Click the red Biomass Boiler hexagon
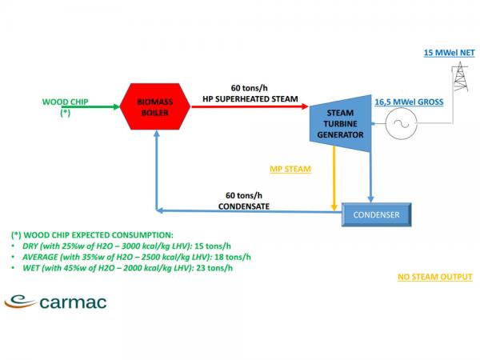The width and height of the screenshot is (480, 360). tap(155, 106)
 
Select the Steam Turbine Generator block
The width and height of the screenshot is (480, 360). tap(341, 124)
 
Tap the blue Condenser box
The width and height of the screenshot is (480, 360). tap(376, 214)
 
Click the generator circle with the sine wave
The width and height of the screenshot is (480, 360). tap(401, 124)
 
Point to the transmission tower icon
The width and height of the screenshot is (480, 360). tap(460, 77)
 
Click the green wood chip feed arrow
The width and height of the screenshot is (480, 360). tap(95, 107)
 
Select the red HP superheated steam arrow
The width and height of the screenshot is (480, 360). tap(250, 106)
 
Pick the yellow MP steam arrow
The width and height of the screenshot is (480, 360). tap(334, 178)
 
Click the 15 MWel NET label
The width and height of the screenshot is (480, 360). tap(449, 53)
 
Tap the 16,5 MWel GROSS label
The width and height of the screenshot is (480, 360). tap(409, 102)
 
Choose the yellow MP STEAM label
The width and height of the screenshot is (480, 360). tap(290, 169)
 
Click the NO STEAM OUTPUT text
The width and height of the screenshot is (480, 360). tap(435, 277)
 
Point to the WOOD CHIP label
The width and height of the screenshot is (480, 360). tap(66, 102)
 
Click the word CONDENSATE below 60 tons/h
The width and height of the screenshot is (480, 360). tap(244, 206)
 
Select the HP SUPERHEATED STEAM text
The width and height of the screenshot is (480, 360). tap(250, 99)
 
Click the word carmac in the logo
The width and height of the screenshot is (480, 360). tap(73, 302)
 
